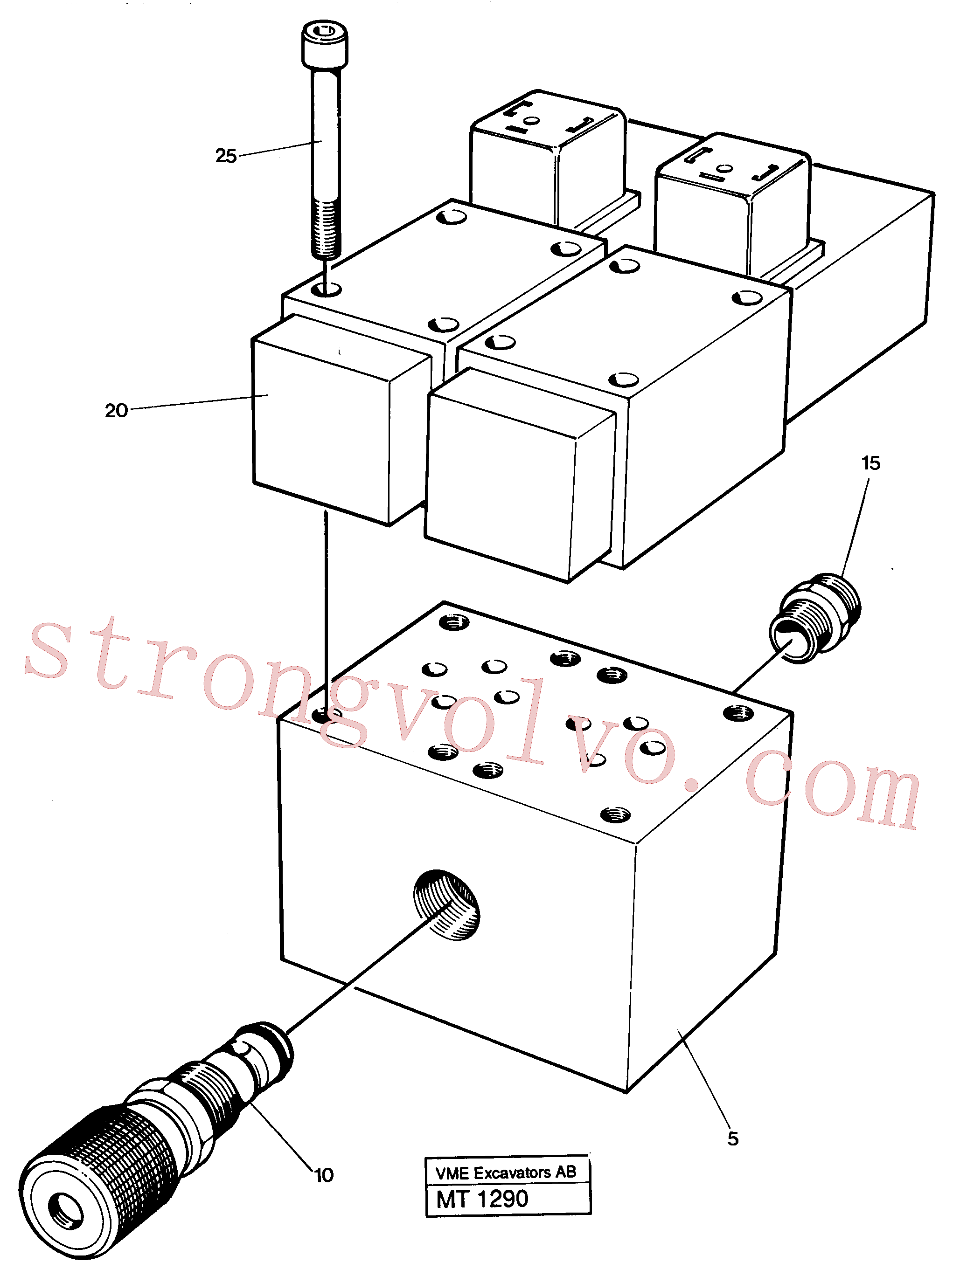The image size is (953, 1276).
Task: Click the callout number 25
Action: [226, 156]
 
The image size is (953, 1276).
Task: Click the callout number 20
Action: [116, 411]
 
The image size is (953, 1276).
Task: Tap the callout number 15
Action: [870, 463]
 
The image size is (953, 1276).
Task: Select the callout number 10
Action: [324, 1175]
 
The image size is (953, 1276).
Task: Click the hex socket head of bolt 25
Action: [325, 44]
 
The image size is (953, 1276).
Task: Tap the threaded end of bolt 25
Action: [327, 228]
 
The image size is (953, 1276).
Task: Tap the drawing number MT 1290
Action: [482, 1200]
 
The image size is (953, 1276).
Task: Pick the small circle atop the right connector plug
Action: [724, 168]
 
